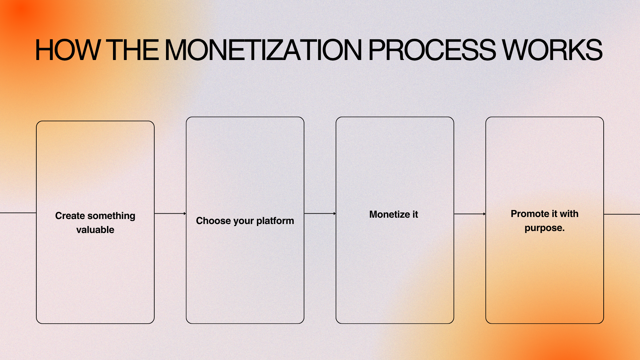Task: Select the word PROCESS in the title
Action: [x=432, y=50]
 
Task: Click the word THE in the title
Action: [x=132, y=50]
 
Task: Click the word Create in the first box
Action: [x=70, y=216]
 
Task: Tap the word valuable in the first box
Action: [x=95, y=230]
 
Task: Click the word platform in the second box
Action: [x=275, y=221]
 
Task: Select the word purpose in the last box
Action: [x=543, y=228]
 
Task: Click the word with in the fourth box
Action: [x=569, y=214]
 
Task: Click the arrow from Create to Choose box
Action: [x=170, y=213]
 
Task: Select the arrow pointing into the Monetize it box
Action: [x=320, y=213]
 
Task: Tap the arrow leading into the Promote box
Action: [x=470, y=214]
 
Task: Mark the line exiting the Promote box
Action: [x=622, y=214]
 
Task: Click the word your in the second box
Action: [x=244, y=221]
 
